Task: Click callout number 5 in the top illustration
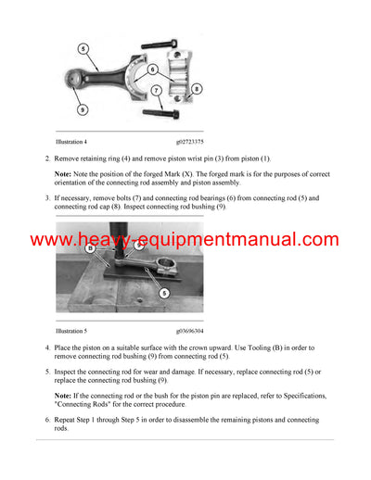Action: click(84, 48)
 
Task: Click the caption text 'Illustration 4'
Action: click(71, 143)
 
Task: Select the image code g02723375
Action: click(195, 143)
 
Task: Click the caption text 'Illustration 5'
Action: click(71, 330)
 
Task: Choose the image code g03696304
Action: click(195, 330)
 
